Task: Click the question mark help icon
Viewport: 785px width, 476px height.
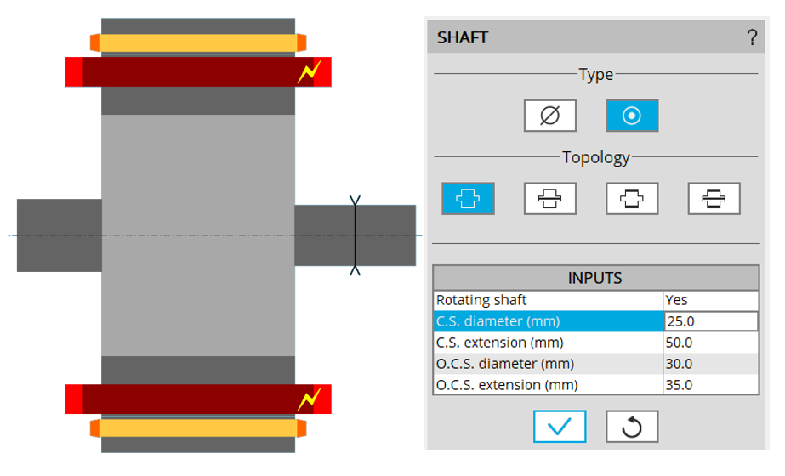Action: pyautogui.click(x=752, y=37)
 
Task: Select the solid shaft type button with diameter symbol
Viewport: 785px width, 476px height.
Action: pyautogui.click(x=550, y=116)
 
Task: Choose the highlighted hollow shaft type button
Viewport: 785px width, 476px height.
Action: pyautogui.click(x=631, y=116)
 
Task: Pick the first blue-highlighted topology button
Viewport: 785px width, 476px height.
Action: pyautogui.click(x=468, y=198)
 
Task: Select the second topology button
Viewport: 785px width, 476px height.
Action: pyautogui.click(x=550, y=198)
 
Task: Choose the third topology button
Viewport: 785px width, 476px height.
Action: pyautogui.click(x=632, y=198)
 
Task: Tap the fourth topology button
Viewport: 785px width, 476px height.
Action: pyautogui.click(x=714, y=198)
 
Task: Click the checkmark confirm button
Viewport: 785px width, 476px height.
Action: pyautogui.click(x=559, y=427)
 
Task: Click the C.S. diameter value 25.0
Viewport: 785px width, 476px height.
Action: pyautogui.click(x=710, y=321)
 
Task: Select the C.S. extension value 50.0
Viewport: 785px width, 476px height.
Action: pyautogui.click(x=710, y=343)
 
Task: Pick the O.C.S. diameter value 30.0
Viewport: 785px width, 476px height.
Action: pyautogui.click(x=710, y=364)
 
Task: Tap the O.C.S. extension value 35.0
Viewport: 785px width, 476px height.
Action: pyautogui.click(x=710, y=385)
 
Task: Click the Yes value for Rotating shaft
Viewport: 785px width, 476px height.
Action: pyautogui.click(x=710, y=300)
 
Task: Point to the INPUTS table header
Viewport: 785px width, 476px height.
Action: pyautogui.click(x=595, y=278)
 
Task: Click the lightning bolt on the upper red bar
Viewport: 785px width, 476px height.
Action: pyautogui.click(x=307, y=72)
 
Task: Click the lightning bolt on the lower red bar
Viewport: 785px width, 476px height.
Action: pyautogui.click(x=307, y=399)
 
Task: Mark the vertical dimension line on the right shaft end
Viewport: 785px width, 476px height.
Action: pyautogui.click(x=356, y=235)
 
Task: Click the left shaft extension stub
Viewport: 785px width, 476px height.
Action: pyautogui.click(x=59, y=235)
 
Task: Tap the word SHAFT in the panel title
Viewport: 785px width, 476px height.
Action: pyautogui.click(x=462, y=37)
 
